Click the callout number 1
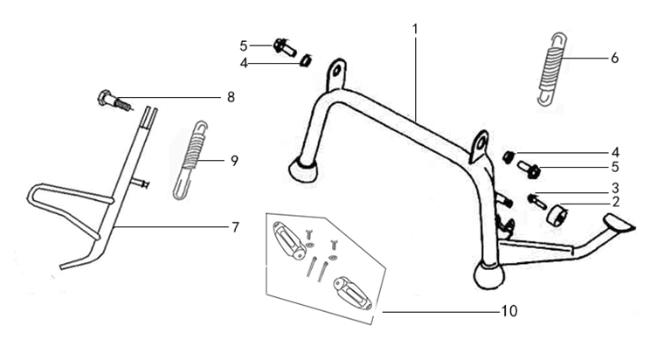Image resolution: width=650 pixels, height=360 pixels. [x=415, y=30]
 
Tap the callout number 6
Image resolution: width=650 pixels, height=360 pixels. [x=615, y=58]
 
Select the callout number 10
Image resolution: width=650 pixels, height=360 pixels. [x=509, y=311]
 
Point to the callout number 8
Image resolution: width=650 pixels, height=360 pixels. [x=231, y=97]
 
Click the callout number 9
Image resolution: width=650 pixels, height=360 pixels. [x=235, y=161]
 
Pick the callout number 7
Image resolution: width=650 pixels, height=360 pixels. [x=236, y=227]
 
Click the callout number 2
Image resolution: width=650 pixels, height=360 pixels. [x=616, y=202]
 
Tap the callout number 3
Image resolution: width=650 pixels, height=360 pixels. [x=616, y=188]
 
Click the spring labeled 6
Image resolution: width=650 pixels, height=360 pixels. [x=551, y=68]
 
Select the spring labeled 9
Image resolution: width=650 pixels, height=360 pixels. [x=190, y=160]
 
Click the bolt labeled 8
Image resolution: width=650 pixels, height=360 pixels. [x=114, y=100]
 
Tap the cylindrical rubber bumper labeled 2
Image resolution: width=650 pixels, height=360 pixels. [x=557, y=214]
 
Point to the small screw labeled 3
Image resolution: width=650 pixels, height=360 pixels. [x=536, y=202]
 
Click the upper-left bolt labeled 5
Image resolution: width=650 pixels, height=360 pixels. [x=285, y=47]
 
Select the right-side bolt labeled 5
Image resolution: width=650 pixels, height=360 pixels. [x=529, y=170]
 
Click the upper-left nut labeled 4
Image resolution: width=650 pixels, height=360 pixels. [x=307, y=61]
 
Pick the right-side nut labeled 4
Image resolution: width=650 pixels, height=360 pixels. [x=508, y=157]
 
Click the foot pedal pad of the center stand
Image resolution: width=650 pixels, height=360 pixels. [x=618, y=223]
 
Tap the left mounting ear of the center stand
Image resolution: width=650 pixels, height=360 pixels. [x=336, y=74]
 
